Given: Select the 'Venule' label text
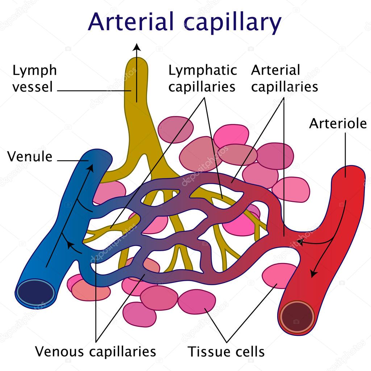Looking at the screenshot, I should tap(30, 157).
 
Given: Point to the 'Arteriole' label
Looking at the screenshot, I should tap(338, 124).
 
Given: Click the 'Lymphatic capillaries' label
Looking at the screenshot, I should tap(203, 79).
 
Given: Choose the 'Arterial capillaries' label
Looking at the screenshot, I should tap(284, 79).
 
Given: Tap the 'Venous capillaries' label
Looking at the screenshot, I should tap(95, 351).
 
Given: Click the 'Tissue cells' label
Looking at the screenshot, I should tap(226, 351).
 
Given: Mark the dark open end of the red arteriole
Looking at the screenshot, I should tap(297, 317).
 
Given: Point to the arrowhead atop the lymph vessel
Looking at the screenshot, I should tap(137, 47).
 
